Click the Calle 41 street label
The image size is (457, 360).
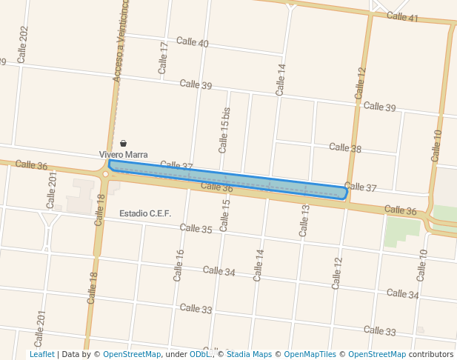pos(403,16)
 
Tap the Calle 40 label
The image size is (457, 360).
pos(192,43)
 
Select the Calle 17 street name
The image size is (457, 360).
pos(164,57)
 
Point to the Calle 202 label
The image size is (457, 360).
pos(23,44)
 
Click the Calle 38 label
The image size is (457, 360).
pos(345,148)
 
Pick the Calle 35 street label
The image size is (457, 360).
pos(196,229)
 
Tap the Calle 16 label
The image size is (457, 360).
pos(179,264)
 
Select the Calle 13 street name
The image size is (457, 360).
pos(304,221)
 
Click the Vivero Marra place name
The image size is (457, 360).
pos(124,154)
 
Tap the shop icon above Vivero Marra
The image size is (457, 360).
pos(123,142)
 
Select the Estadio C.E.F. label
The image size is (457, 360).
pos(145,214)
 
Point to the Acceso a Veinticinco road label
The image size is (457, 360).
pos(120,41)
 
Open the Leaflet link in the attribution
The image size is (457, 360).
pos(41,354)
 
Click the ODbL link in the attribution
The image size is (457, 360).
pos(201,354)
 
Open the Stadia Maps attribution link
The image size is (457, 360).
pos(249,354)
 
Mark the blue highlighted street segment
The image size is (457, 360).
pos(227,180)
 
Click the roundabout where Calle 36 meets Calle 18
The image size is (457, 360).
pos(106,174)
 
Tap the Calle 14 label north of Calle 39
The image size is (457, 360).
pos(280,79)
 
